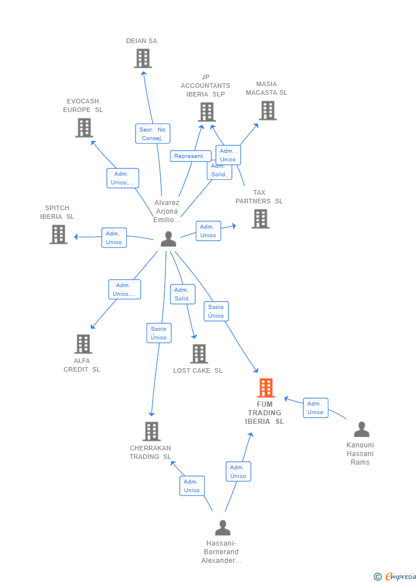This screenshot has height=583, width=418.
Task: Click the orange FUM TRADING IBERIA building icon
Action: click(265, 388)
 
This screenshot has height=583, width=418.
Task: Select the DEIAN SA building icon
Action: click(142, 58)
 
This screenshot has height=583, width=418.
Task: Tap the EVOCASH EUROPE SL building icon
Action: click(84, 128)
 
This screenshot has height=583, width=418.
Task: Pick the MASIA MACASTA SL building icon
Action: click(267, 110)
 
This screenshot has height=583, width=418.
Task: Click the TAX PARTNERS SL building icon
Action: click(260, 219)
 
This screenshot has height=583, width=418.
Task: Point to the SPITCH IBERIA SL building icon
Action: click(58, 234)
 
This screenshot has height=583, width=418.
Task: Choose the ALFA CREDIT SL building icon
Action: click(83, 344)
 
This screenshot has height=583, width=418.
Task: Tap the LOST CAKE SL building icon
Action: click(199, 354)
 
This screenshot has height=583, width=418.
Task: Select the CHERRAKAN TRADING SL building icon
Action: click(151, 431)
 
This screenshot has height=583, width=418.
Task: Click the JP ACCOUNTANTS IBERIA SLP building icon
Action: click(206, 112)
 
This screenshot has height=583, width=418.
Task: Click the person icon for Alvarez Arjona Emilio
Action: click(168, 239)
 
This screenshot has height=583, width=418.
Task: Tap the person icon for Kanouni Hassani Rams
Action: click(361, 430)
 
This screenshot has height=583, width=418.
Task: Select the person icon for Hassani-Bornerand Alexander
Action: click(222, 528)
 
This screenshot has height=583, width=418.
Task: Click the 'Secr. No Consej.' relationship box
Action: click(153, 134)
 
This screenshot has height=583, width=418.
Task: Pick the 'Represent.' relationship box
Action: click(190, 156)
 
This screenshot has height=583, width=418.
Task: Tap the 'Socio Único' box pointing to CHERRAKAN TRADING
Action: click(158, 333)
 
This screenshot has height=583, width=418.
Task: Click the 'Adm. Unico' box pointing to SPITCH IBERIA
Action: click(114, 238)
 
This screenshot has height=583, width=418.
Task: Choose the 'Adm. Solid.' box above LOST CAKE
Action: click(183, 294)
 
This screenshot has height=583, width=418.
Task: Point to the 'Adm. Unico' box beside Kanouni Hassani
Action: click(315, 408)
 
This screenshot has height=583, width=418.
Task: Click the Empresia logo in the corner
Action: click(396, 576)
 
